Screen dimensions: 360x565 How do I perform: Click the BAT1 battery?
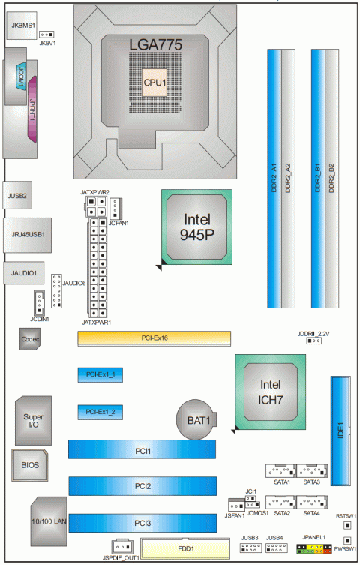click(x=196, y=419)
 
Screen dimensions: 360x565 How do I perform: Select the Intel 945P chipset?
click(x=196, y=227)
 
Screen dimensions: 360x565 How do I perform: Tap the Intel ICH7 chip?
click(x=270, y=392)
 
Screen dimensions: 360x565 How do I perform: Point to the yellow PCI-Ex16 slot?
click(x=154, y=338)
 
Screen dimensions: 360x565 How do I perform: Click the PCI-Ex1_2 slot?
click(x=100, y=412)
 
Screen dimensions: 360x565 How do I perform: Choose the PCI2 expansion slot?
click(x=142, y=486)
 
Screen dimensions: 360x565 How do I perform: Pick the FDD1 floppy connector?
click(x=185, y=549)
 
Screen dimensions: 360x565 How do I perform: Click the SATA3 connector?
click(x=312, y=470)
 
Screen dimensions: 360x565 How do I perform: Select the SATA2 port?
click(x=281, y=502)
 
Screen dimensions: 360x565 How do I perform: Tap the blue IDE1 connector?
click(x=340, y=431)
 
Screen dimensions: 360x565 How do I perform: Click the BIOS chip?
click(x=30, y=464)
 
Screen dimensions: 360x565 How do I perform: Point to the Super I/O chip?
click(x=33, y=420)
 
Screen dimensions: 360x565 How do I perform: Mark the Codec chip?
click(x=30, y=338)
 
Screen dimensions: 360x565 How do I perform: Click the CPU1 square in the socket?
click(x=154, y=83)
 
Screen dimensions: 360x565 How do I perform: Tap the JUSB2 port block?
click(x=17, y=195)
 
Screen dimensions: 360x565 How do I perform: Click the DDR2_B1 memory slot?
click(x=318, y=179)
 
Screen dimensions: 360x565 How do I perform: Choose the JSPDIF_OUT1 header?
click(x=122, y=547)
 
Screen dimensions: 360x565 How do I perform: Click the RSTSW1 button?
click(x=347, y=526)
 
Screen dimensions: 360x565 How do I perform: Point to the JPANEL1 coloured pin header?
click(x=314, y=549)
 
